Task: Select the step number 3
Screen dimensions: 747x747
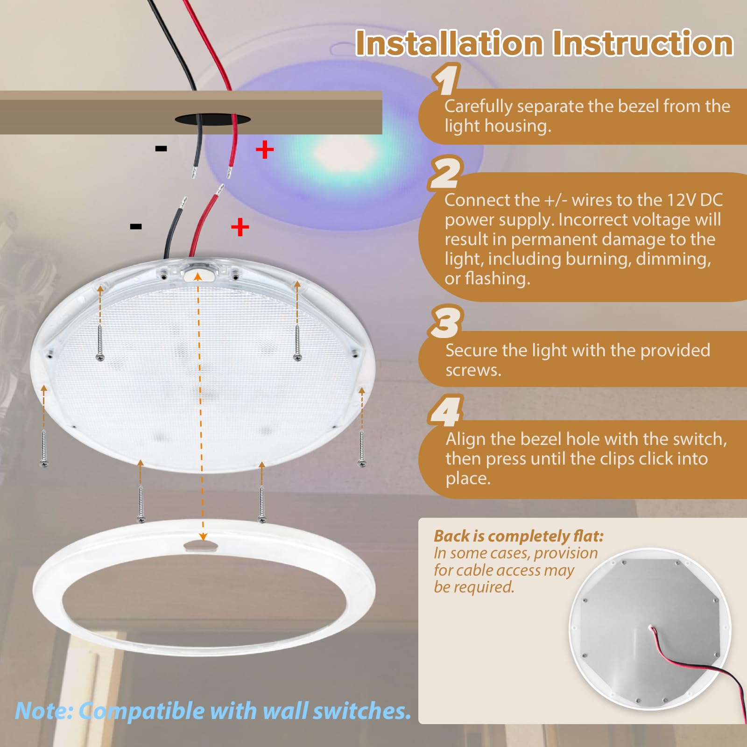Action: click(x=446, y=322)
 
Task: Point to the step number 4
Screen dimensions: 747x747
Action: click(x=446, y=411)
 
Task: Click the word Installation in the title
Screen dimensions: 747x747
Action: click(x=449, y=43)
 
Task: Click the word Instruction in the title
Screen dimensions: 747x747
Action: click(x=642, y=43)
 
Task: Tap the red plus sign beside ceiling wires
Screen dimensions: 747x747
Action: click(x=265, y=150)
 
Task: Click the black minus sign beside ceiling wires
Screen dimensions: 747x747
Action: click(x=161, y=149)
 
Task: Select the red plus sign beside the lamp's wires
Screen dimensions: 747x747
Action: click(x=240, y=227)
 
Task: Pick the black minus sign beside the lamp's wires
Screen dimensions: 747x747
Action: click(x=136, y=227)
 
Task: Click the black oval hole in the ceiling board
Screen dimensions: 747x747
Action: click(x=212, y=120)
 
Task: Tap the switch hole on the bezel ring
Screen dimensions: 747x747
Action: click(x=200, y=545)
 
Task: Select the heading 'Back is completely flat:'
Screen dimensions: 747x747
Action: click(x=518, y=536)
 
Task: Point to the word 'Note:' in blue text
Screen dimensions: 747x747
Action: click(x=44, y=711)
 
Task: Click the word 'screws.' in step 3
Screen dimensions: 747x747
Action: click(x=473, y=370)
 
